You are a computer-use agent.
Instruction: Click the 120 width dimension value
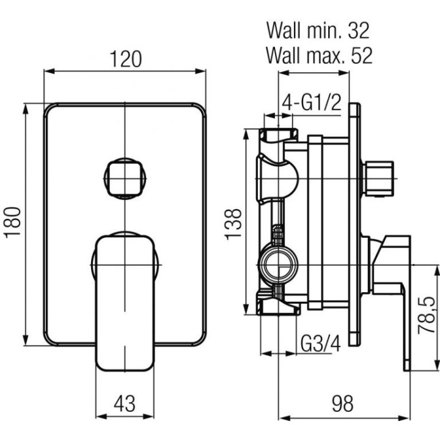coord(125,59)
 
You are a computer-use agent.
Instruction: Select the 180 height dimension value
coord(13,222)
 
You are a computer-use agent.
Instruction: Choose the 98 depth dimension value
coord(342,403)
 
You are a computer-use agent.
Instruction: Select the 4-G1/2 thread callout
coord(311,103)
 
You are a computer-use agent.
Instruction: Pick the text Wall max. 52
coord(318,56)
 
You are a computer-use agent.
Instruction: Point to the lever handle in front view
coord(125,299)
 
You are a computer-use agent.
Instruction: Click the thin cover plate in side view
coord(353,226)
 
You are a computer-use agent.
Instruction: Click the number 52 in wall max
coord(361,56)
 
